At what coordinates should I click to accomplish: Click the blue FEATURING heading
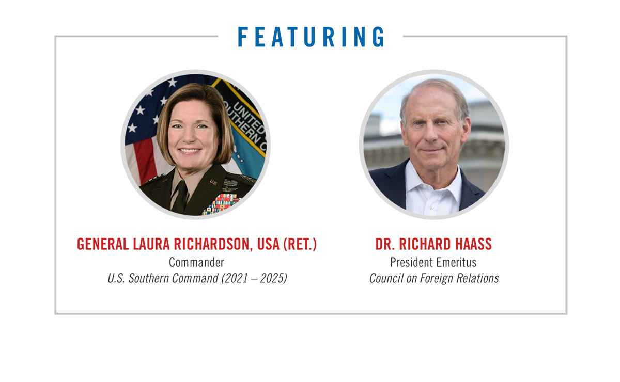click(x=311, y=37)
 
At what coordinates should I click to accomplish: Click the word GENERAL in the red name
click(x=103, y=244)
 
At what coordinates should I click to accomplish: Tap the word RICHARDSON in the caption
click(x=213, y=244)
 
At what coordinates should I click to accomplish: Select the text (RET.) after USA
click(x=300, y=244)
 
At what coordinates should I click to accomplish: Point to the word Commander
click(x=196, y=262)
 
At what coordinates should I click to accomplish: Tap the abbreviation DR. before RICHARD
click(x=385, y=244)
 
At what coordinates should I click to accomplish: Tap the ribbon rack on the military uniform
click(x=222, y=203)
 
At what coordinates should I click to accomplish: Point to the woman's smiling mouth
click(x=190, y=151)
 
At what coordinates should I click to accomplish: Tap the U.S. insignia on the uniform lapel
click(x=213, y=182)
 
